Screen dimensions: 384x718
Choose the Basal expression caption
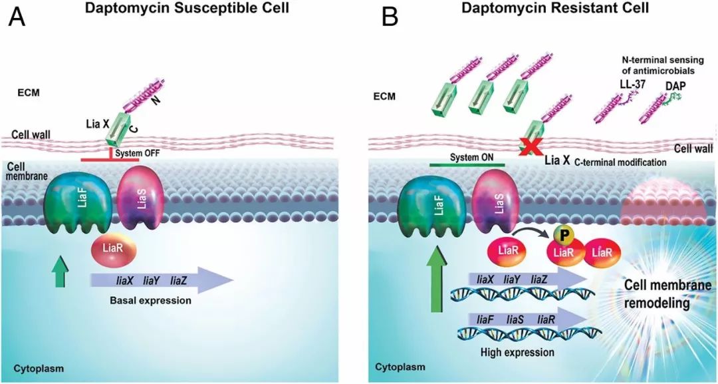coord(152,300)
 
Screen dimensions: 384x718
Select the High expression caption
coord(515,351)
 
